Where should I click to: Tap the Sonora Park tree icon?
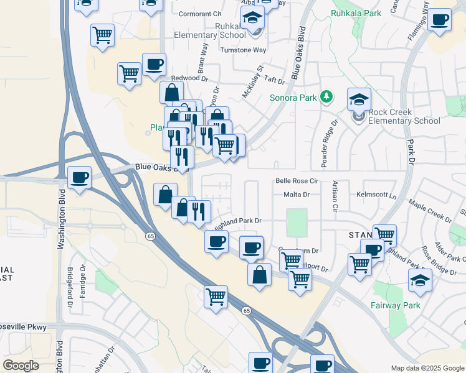[325, 96]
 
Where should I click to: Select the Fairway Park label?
[395, 305]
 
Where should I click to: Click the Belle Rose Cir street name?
[297, 182]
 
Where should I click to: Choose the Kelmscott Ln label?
[376, 195]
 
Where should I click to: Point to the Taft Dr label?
[274, 80]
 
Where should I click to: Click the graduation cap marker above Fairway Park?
[420, 280]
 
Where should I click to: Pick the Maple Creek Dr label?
[430, 211]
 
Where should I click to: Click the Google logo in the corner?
[21, 366]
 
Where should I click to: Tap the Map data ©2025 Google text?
[427, 368]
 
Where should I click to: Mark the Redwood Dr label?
[189, 78]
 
